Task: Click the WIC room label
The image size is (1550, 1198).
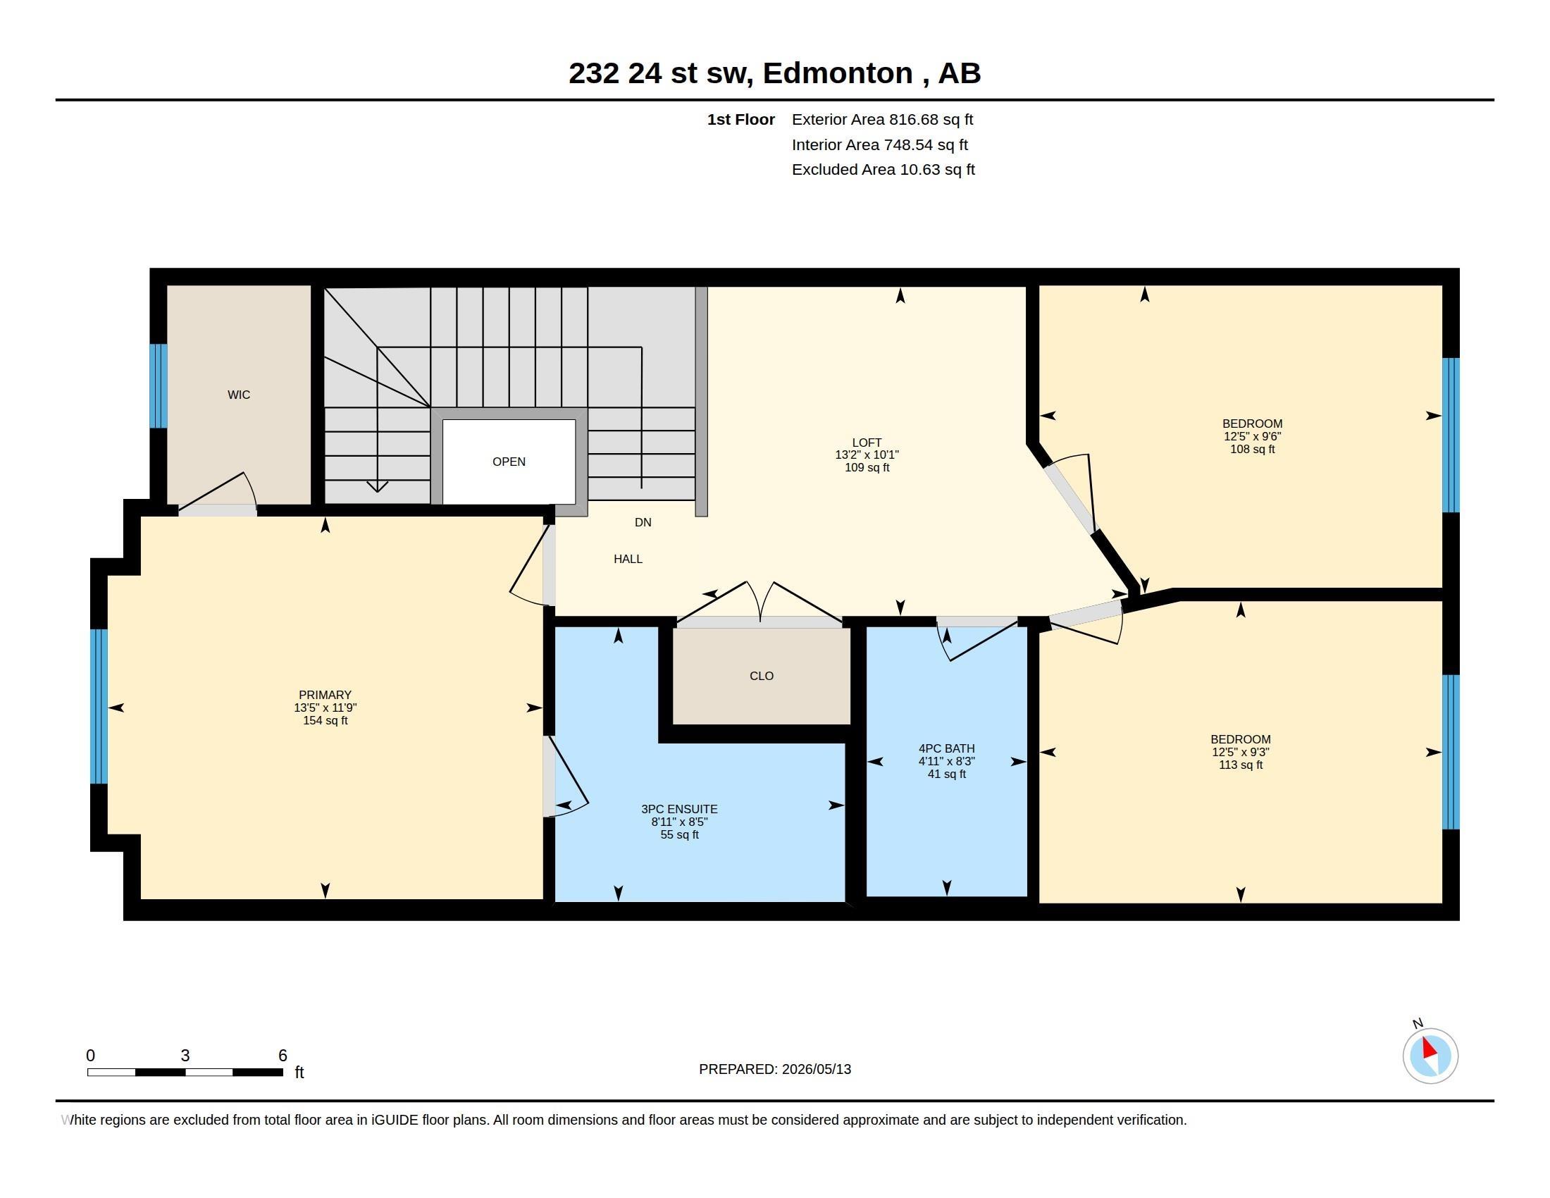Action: (238, 395)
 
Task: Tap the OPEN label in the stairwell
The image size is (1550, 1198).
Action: (509, 462)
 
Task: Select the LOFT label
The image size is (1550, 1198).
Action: (867, 442)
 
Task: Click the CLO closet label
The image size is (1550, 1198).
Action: (762, 676)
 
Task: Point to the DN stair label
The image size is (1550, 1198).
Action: (643, 522)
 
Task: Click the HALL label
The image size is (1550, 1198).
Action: (628, 560)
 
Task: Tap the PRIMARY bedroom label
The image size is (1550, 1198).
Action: (325, 695)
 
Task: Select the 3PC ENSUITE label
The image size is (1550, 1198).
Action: (679, 809)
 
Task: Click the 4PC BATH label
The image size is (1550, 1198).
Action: (947, 748)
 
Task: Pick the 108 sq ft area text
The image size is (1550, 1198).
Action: (1253, 450)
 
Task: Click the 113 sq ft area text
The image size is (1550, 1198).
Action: (1241, 765)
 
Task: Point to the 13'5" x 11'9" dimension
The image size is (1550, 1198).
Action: (325, 708)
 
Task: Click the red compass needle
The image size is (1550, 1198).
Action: (1430, 1049)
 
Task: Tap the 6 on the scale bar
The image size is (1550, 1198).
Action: (283, 1056)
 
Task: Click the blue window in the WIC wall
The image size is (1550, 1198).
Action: (159, 386)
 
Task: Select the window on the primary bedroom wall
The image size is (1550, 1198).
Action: (99, 706)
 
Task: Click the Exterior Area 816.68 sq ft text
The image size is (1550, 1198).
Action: (882, 120)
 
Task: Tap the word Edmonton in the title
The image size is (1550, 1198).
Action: (838, 73)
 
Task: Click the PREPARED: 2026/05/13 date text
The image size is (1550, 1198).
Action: (775, 1069)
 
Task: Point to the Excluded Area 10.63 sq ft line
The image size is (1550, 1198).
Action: (883, 170)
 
